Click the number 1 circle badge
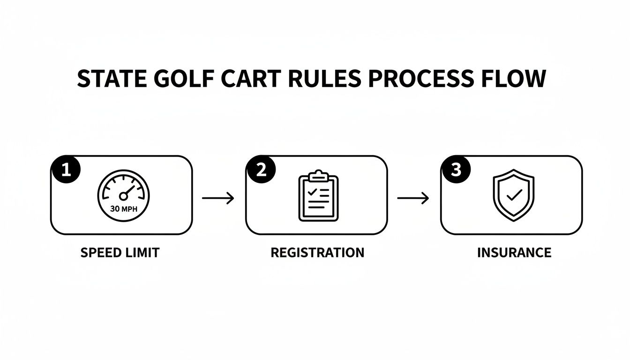[66, 170]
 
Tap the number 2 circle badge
[261, 170]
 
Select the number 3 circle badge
[456, 170]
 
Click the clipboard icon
[318, 196]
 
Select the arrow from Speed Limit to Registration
[218, 198]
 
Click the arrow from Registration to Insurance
[413, 198]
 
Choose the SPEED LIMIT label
[120, 253]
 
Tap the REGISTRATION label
[317, 253]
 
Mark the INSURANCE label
[514, 253]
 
